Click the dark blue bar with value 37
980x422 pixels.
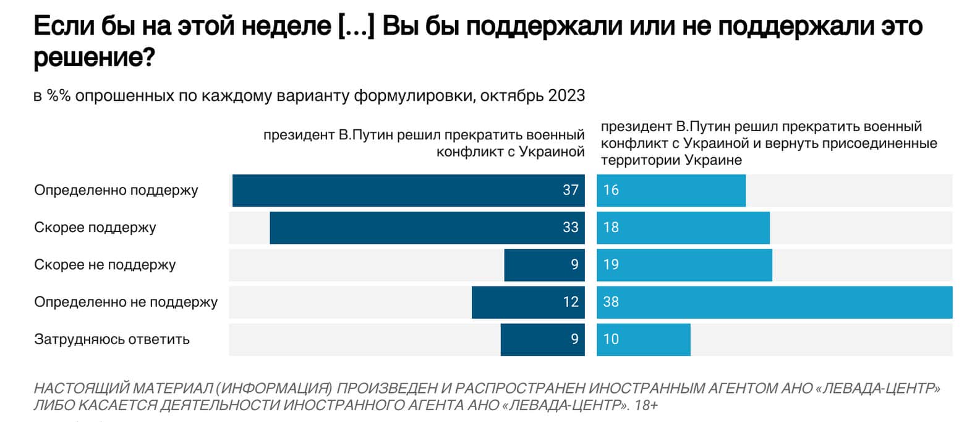408,191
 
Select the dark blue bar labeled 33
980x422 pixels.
427,228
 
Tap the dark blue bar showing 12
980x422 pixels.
527,302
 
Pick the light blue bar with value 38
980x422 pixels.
774,302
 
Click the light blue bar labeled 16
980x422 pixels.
671,191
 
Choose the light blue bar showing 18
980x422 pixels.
683,228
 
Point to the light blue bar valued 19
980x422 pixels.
684,265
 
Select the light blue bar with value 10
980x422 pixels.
643,339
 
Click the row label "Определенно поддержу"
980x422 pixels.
116,190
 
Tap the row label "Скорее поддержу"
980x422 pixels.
95,227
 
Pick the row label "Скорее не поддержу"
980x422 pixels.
105,265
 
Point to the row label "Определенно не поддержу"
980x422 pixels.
126,302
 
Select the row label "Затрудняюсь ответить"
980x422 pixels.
112,339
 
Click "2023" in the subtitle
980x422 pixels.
566,96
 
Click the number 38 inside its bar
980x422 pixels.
611,302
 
